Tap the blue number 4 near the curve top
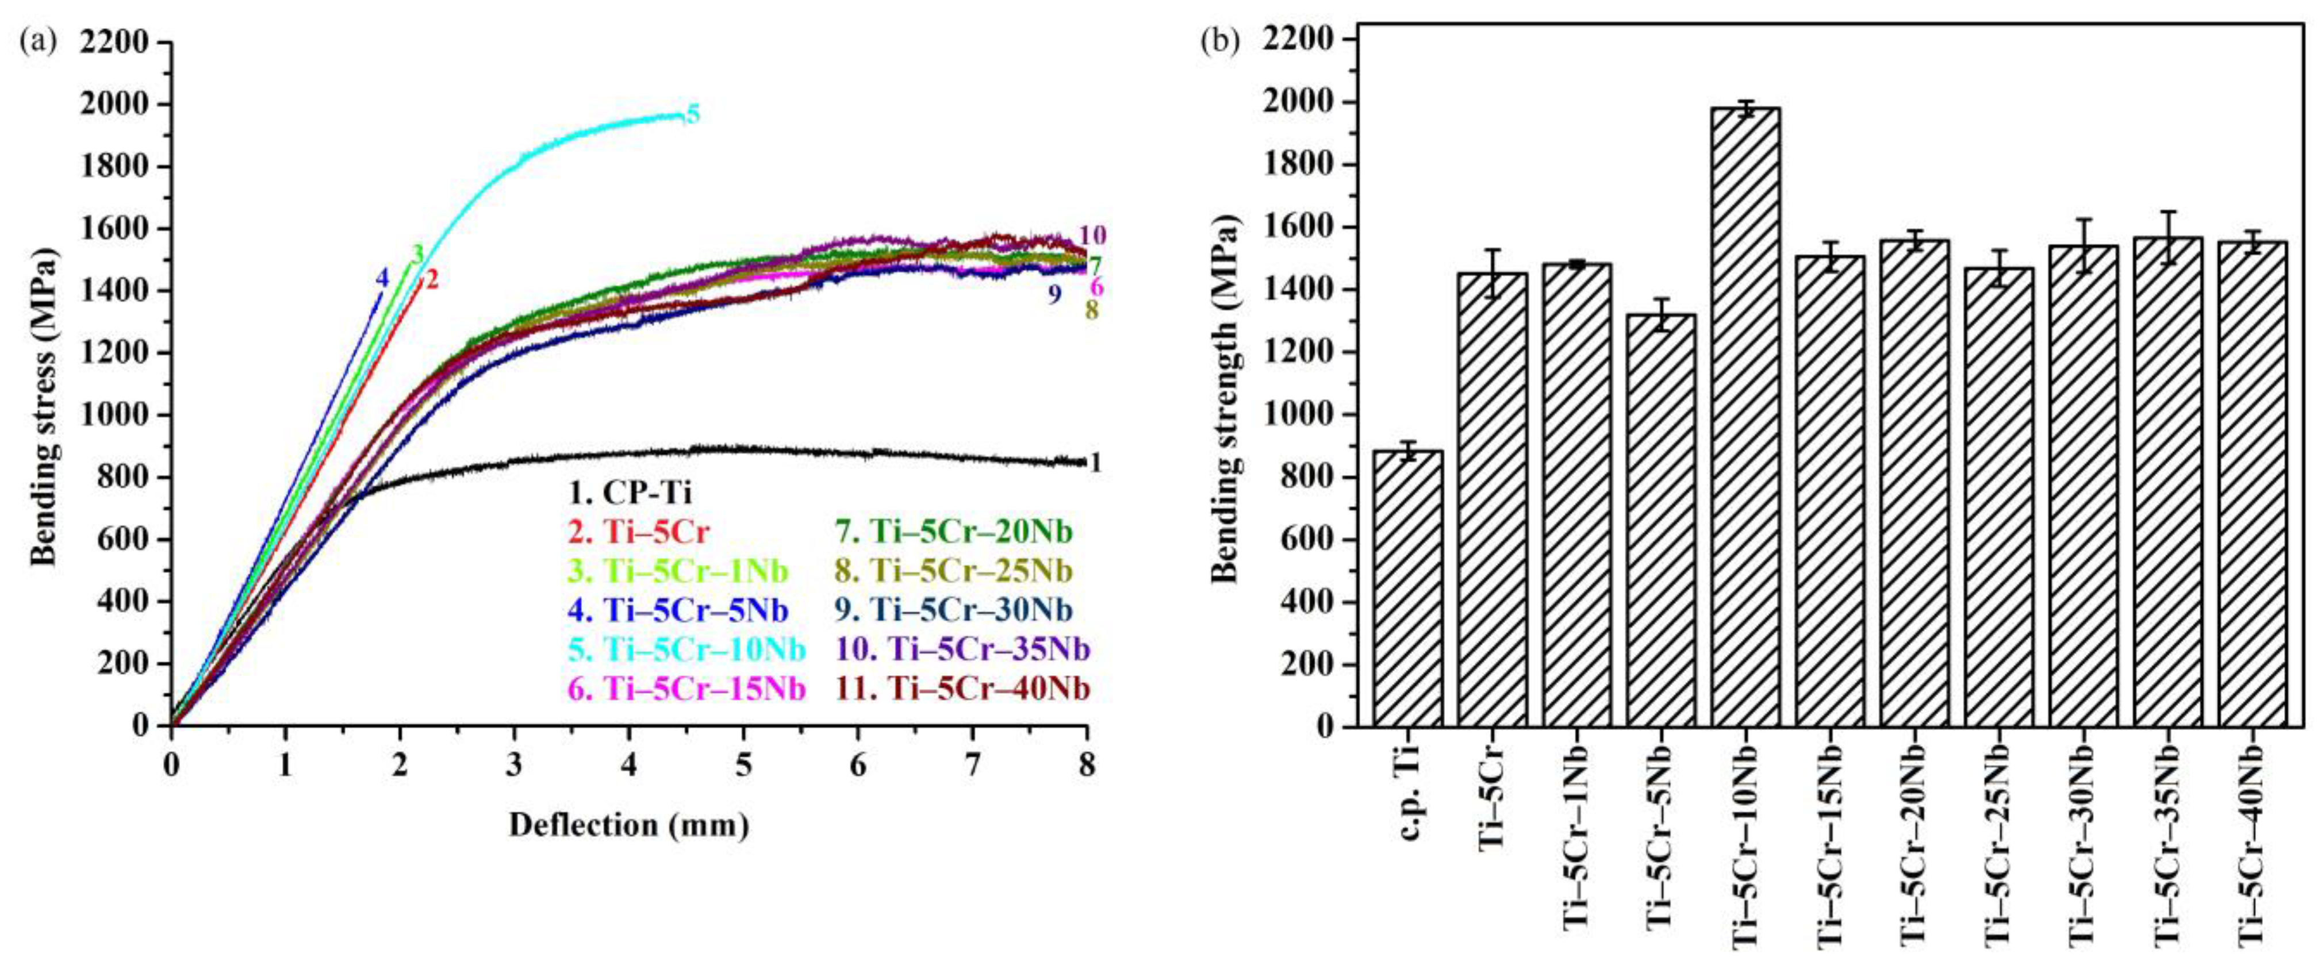pyautogui.click(x=382, y=278)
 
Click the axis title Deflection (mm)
pyautogui.click(x=629, y=825)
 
